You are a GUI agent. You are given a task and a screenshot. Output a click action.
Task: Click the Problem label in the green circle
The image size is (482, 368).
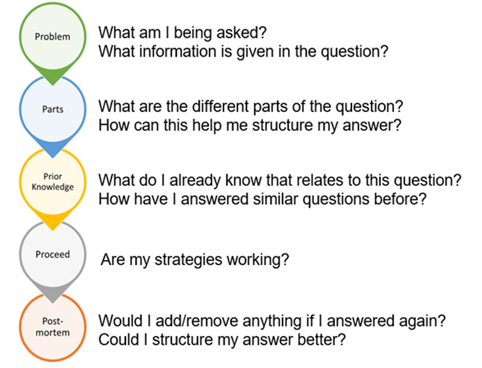[x=53, y=37]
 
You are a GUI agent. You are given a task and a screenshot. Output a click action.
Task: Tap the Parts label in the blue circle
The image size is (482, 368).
[x=53, y=109]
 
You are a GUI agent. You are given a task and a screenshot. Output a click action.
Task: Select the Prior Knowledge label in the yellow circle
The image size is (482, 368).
[x=53, y=182]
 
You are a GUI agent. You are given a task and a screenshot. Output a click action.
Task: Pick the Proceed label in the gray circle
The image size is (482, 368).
[x=53, y=254]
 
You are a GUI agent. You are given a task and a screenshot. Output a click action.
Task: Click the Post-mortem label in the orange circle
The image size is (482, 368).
[x=53, y=327]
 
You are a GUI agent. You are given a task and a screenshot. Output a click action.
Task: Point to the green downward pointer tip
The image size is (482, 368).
[x=53, y=85]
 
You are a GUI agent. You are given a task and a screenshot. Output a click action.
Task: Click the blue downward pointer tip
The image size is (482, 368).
[x=53, y=157]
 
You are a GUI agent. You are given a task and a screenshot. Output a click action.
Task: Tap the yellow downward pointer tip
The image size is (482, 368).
[x=53, y=230]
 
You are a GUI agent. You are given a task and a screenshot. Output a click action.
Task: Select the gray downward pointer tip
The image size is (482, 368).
[x=53, y=303]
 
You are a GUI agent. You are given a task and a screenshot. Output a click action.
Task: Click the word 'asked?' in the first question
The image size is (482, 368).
[x=241, y=33]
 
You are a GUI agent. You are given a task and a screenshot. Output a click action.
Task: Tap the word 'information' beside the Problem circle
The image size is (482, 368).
[x=178, y=51]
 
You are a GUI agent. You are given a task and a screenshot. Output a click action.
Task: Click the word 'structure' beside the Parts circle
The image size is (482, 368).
[x=282, y=125]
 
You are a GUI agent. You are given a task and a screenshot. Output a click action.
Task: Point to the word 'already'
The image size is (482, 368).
[x=195, y=180]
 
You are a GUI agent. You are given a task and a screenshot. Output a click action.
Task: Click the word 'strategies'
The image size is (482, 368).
[x=188, y=260]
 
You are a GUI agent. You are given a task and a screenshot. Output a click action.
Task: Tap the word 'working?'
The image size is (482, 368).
[x=258, y=260]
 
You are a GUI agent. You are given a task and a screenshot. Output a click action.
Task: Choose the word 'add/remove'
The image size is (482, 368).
[x=197, y=321]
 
